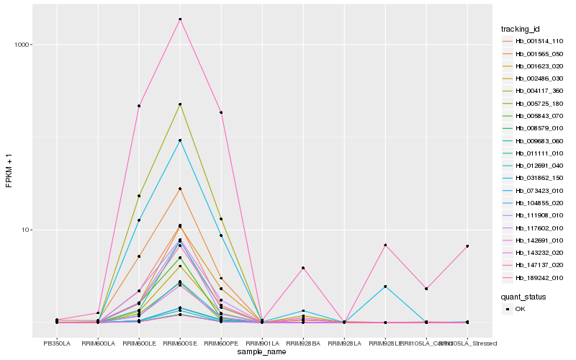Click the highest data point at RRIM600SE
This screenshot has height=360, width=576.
pyautogui.click(x=180, y=19)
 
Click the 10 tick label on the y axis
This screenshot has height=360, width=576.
pyautogui.click(x=22, y=230)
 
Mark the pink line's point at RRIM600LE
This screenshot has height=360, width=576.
pyautogui.click(x=139, y=106)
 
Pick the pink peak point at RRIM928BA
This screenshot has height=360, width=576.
pyautogui.click(x=303, y=268)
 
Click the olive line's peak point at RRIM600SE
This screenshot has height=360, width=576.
pyautogui.click(x=180, y=104)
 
